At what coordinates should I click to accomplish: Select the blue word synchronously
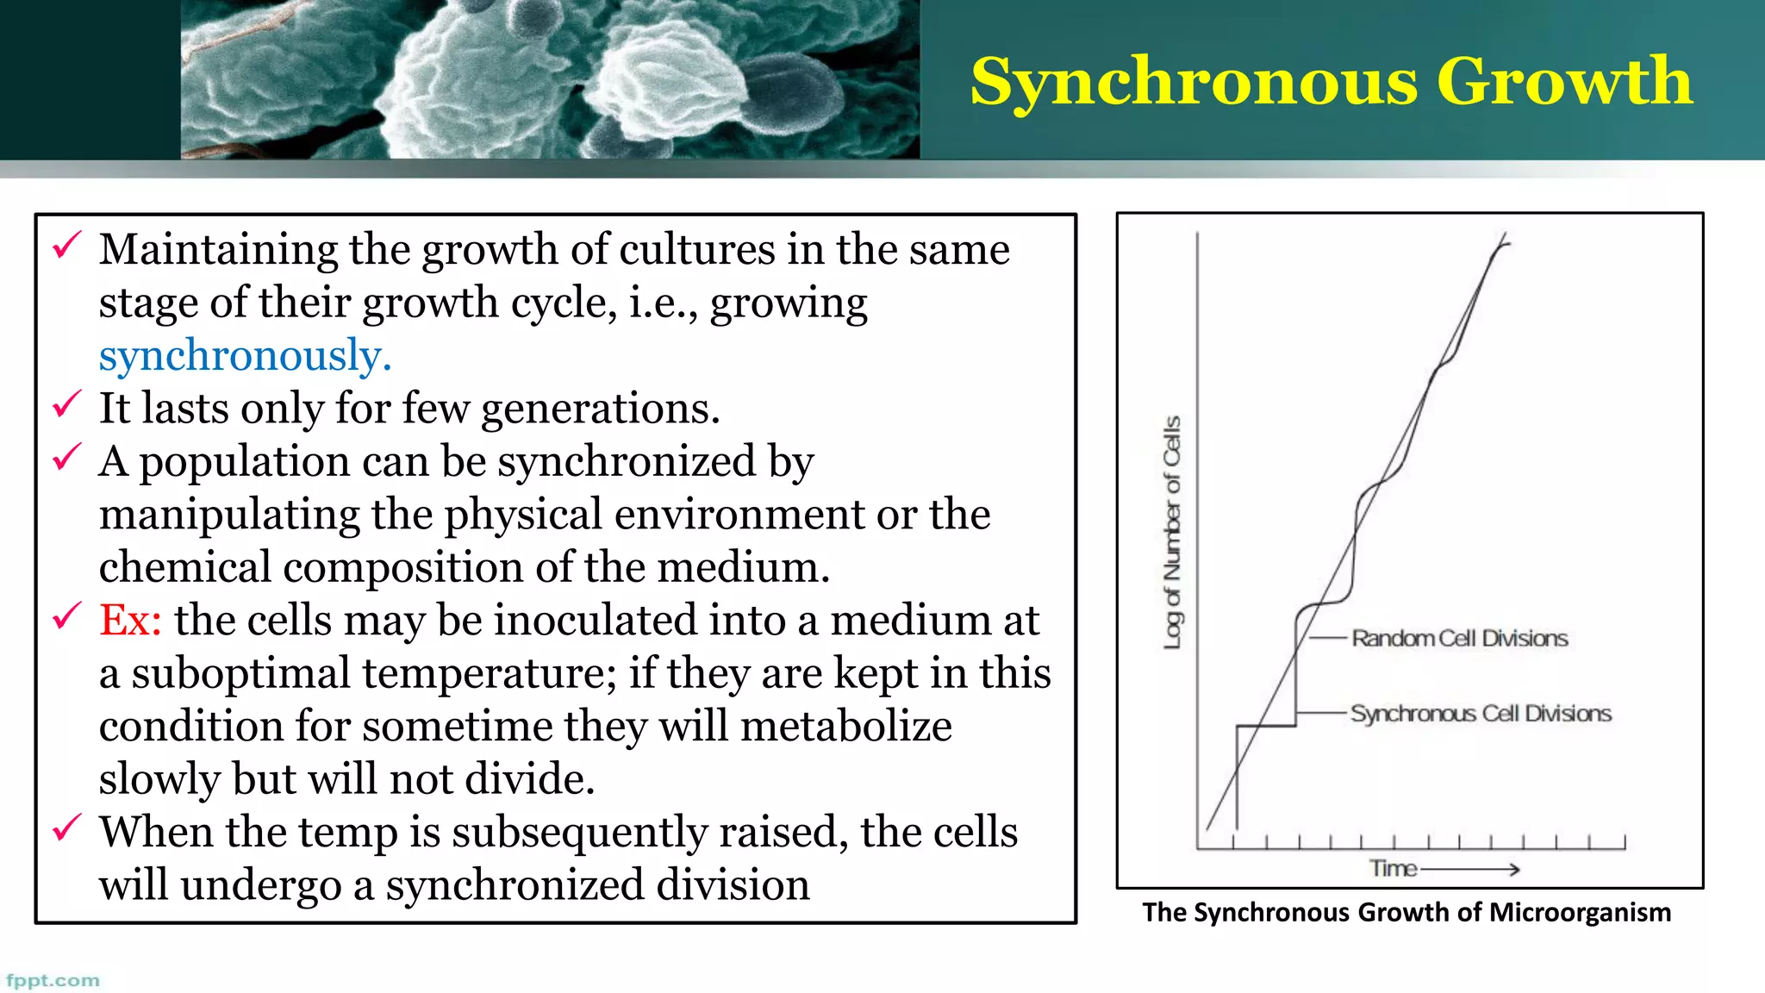(245, 356)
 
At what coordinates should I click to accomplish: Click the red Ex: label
(130, 620)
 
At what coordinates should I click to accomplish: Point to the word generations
(600, 409)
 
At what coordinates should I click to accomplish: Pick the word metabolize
(845, 726)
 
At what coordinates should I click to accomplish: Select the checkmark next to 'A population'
(67, 457)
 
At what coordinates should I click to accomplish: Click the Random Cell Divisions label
(1459, 638)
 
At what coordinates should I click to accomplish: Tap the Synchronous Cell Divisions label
(1481, 713)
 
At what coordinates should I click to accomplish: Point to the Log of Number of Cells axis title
(1172, 533)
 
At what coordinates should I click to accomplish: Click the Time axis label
(1394, 868)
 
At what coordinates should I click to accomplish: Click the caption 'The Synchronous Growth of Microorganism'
(1406, 912)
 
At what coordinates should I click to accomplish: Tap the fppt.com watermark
(53, 980)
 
